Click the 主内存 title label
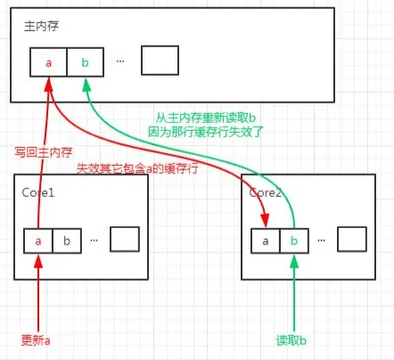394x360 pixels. (x=41, y=26)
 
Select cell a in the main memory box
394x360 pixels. (x=48, y=62)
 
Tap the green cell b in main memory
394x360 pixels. (x=86, y=62)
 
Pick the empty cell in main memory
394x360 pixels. (x=160, y=61)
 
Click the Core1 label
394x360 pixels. (x=38, y=192)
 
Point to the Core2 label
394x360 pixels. (x=265, y=192)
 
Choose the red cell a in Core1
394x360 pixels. (x=38, y=241)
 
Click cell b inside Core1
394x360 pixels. (x=67, y=241)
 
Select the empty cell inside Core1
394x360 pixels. (x=125, y=239)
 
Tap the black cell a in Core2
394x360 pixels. (x=266, y=241)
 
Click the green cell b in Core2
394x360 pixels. (x=294, y=241)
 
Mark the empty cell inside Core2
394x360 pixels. (x=352, y=239)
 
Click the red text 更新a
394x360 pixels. (x=36, y=340)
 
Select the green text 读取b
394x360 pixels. (x=291, y=340)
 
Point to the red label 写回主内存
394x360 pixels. (x=44, y=152)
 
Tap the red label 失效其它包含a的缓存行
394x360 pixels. (x=137, y=168)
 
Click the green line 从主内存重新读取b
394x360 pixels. (x=206, y=119)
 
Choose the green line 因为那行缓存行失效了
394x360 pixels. (x=206, y=132)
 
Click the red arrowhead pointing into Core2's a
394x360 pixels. (x=265, y=221)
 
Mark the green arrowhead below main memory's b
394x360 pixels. (x=86, y=86)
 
